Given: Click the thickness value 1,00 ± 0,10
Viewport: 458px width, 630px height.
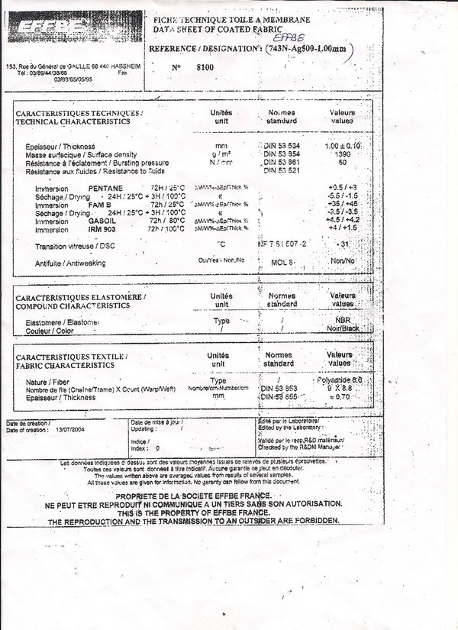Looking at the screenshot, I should point(343,146).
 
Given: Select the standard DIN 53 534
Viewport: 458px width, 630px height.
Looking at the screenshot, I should point(282,146).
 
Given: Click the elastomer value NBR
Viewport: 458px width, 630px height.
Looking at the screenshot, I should point(342,321).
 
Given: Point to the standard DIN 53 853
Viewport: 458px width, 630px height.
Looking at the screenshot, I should point(280,388).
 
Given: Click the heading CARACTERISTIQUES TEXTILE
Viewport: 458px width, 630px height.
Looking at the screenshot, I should point(72,357).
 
